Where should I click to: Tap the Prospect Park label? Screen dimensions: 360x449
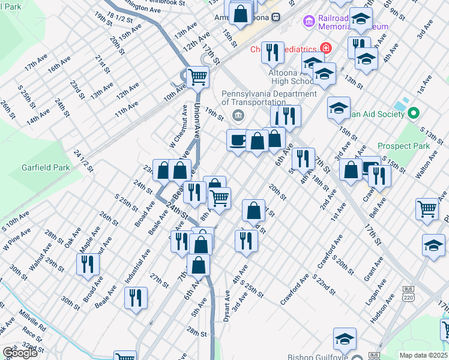point(403,146)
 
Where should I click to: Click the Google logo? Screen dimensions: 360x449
point(20,353)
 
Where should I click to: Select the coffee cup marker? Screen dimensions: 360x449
point(238,140)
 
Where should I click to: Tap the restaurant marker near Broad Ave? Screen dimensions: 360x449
point(88,264)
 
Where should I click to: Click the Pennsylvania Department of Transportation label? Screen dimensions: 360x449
point(269,98)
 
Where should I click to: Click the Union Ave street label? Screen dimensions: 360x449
point(196,119)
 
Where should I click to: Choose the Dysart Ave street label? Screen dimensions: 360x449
point(228,307)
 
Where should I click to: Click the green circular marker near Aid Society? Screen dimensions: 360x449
point(413,113)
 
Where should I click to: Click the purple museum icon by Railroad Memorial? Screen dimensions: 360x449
point(309,22)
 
